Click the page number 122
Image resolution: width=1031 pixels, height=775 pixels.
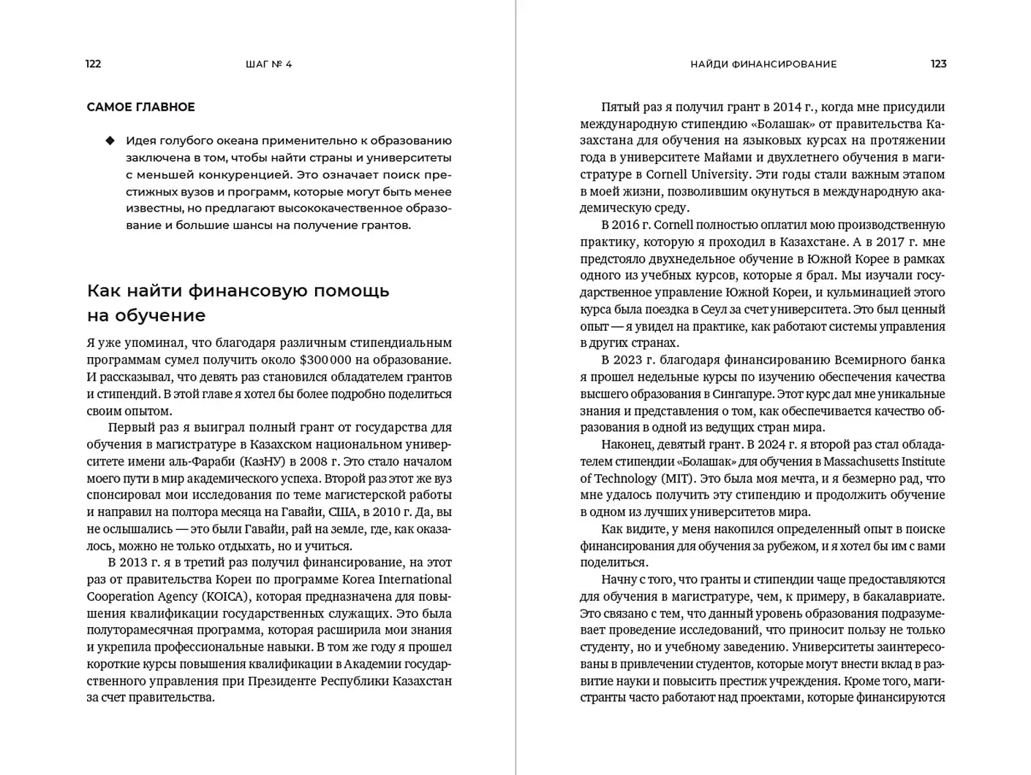coord(93,64)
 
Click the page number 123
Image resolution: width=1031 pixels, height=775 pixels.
coord(938,64)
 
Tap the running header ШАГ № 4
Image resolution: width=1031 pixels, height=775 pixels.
coord(268,64)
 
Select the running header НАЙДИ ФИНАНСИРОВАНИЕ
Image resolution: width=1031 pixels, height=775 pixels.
coord(763,64)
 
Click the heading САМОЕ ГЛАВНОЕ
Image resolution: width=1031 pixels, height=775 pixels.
coord(140,107)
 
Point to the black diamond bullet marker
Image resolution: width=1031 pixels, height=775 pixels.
coord(110,141)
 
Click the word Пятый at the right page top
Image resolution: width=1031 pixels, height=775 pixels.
coord(621,107)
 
